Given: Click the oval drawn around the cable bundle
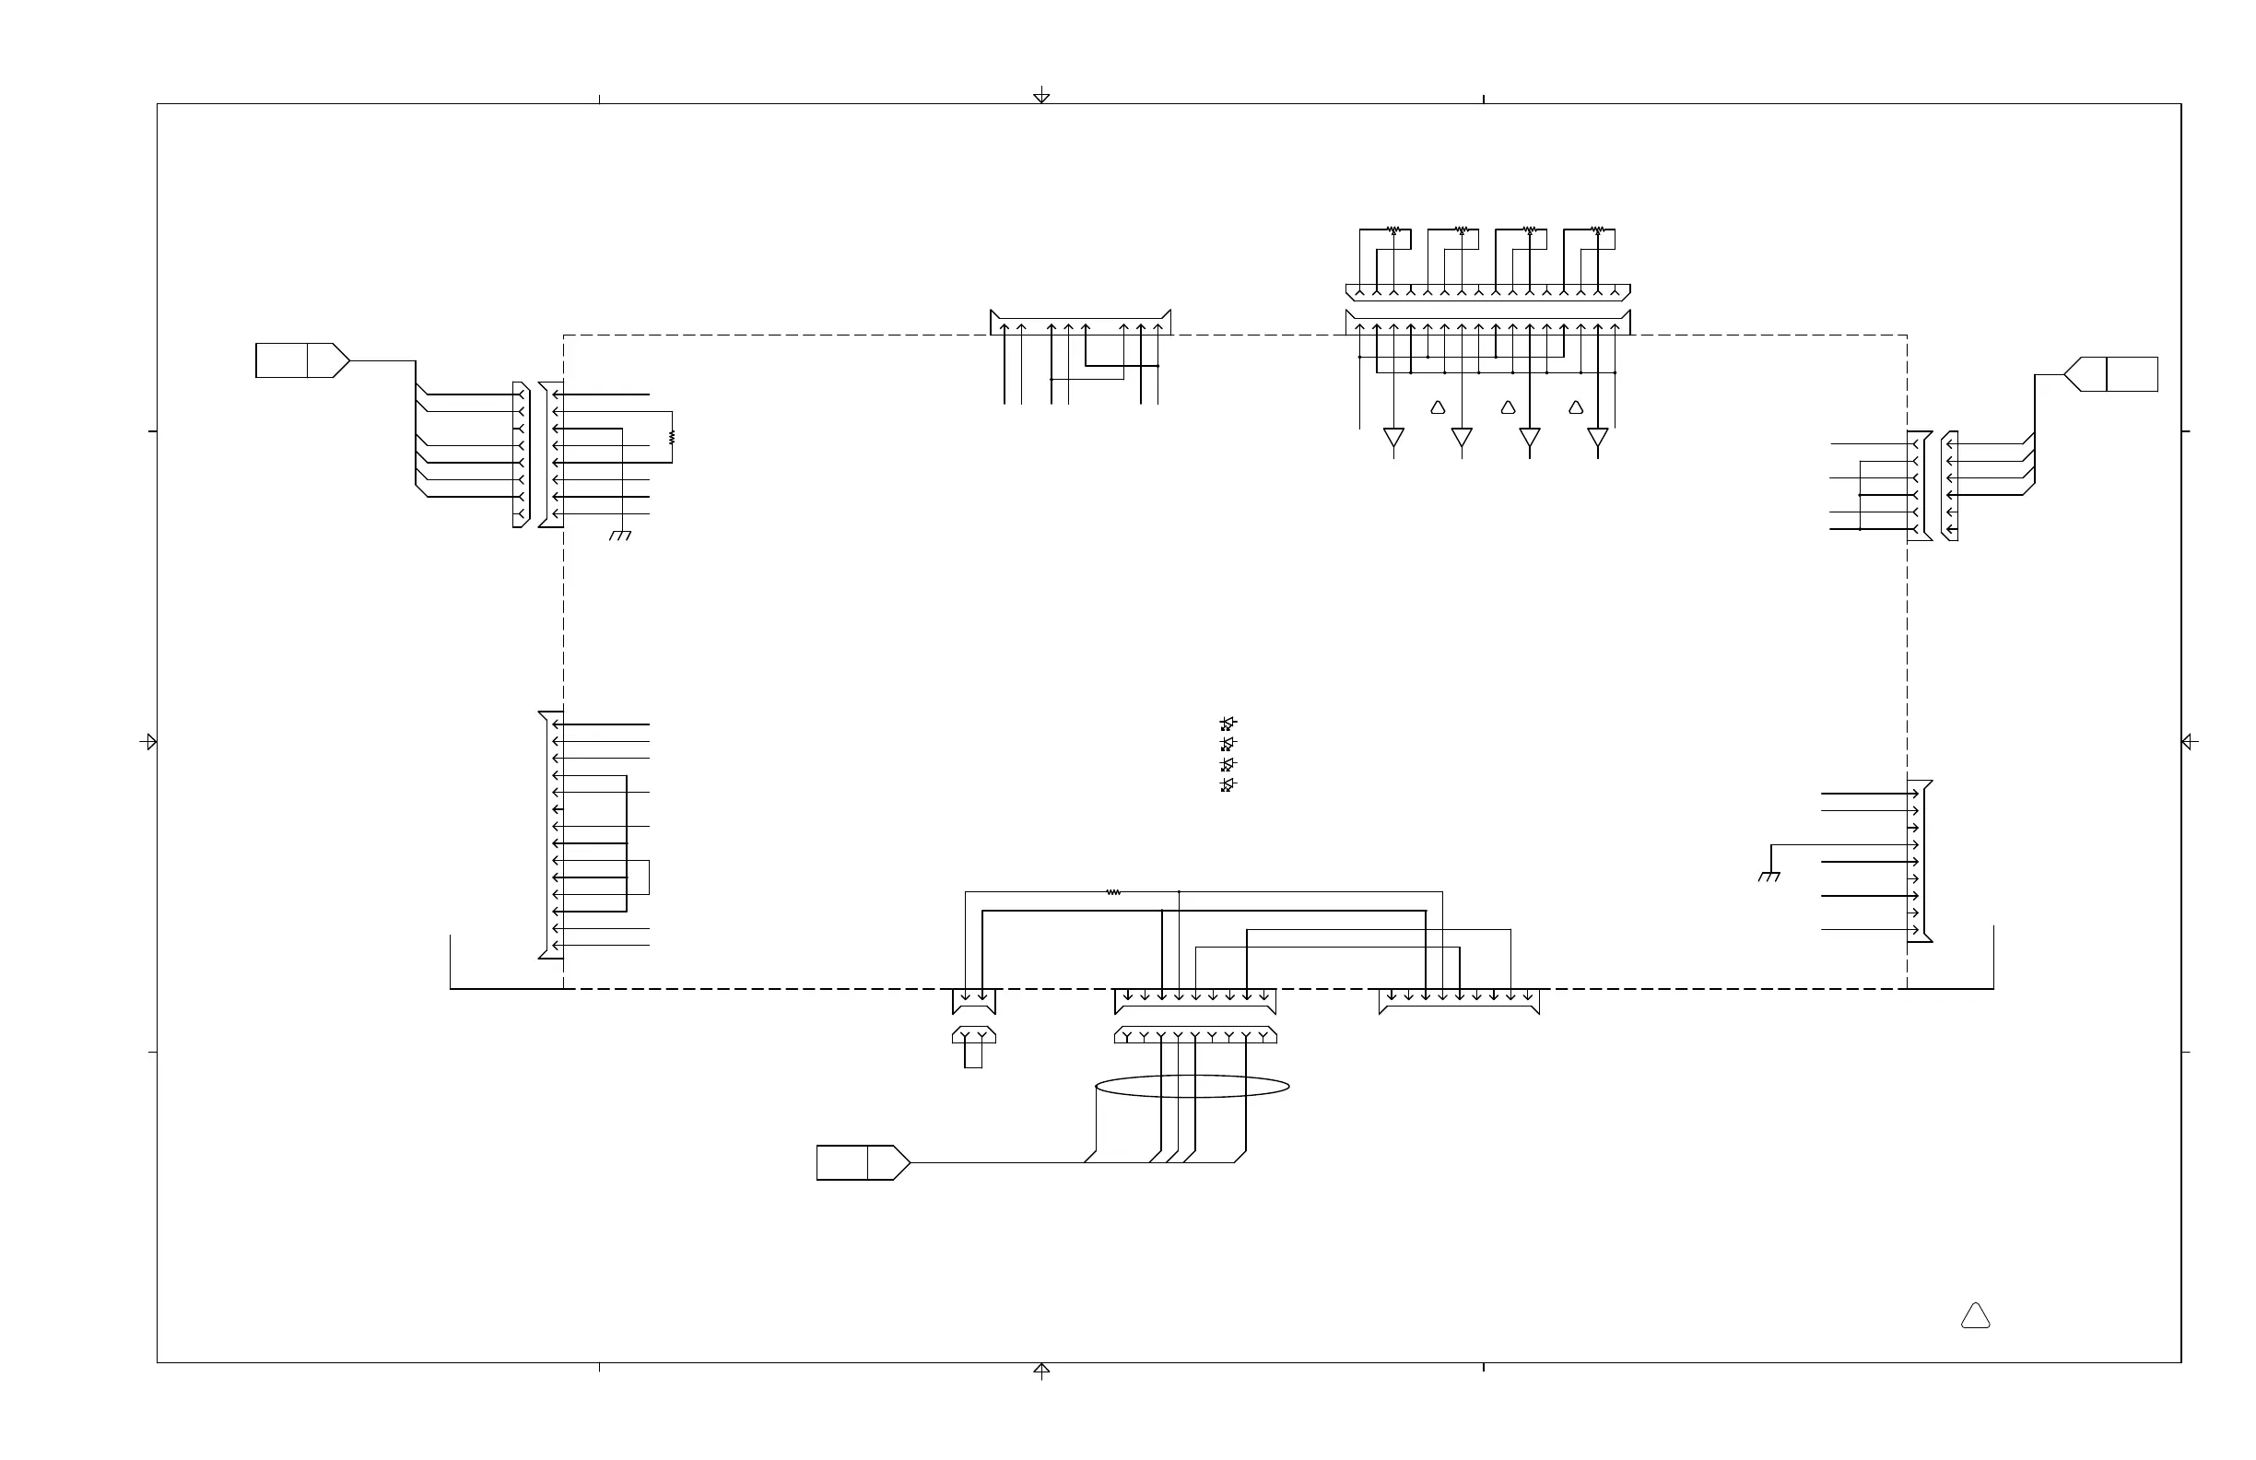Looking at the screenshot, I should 1192,1086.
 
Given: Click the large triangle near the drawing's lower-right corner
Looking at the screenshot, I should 1976,1317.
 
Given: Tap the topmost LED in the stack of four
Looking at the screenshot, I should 1228,724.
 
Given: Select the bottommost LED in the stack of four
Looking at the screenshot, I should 1228,785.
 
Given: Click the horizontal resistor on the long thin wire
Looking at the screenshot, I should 1114,892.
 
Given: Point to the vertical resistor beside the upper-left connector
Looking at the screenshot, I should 672,437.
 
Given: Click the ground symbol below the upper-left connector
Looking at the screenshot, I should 620,536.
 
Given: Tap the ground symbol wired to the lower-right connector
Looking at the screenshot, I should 1768,877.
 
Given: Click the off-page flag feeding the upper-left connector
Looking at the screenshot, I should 302,360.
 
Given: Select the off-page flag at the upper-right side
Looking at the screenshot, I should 2111,374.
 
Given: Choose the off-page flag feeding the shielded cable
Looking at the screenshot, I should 863,1162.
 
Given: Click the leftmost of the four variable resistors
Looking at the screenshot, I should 1393,230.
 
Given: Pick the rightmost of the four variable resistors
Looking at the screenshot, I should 1598,230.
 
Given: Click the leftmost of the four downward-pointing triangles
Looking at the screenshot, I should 1393,437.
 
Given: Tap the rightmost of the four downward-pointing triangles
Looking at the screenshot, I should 1598,437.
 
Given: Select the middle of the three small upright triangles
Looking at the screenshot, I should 1508,407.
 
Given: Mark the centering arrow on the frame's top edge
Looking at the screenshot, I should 1041,95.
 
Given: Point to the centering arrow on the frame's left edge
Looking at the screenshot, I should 148,741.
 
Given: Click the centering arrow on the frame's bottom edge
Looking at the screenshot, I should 1041,1370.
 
